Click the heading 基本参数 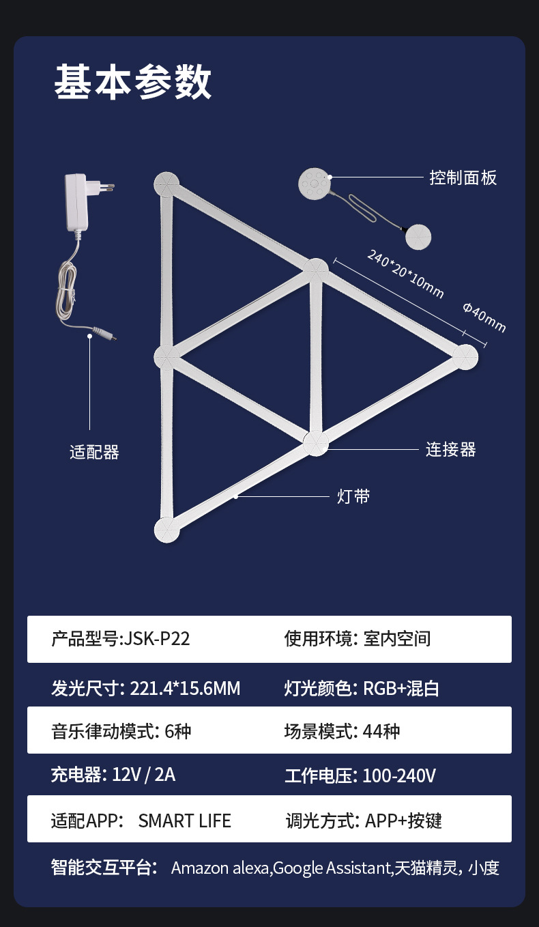pos(133,83)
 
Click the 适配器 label pos(94,452)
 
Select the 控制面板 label pos(463,177)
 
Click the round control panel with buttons pos(315,184)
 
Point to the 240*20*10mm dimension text pos(405,274)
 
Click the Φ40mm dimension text pos(484,317)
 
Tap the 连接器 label pos(451,449)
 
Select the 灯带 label pos(353,496)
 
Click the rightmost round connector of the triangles pos(465,356)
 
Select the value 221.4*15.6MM pos(185,688)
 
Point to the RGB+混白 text pos(400,688)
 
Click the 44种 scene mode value pos(381,732)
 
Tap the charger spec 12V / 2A pos(144,775)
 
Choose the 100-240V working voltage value pos(399,775)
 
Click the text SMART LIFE pos(184,820)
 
